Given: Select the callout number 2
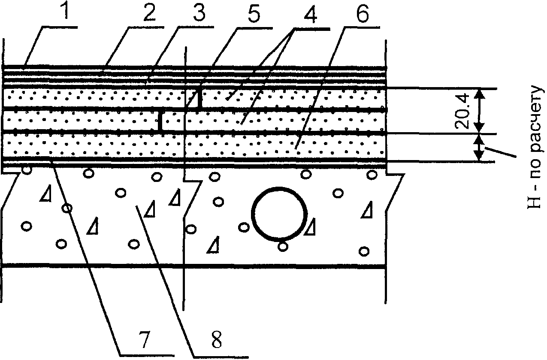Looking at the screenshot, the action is tap(149, 12).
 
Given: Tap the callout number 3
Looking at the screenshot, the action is tap(199, 12).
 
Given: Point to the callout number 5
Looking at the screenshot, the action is tap(254, 12).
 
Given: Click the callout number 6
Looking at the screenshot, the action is tap(363, 12).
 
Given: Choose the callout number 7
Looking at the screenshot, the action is tap(144, 339).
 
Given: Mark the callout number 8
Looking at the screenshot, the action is tap(216, 339).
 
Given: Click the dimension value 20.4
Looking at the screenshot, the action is tap(462, 111).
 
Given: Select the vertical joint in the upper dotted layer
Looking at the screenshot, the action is tap(200, 99).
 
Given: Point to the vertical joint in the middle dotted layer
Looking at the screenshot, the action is tap(160, 121).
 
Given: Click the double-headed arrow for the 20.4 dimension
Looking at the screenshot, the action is tap(479, 111).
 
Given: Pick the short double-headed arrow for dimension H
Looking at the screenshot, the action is tap(479, 148).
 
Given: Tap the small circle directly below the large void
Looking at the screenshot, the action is tap(283, 247).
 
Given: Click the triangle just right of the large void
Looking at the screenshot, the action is tap(310, 227).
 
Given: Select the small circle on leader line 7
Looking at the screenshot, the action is tap(67, 208).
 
